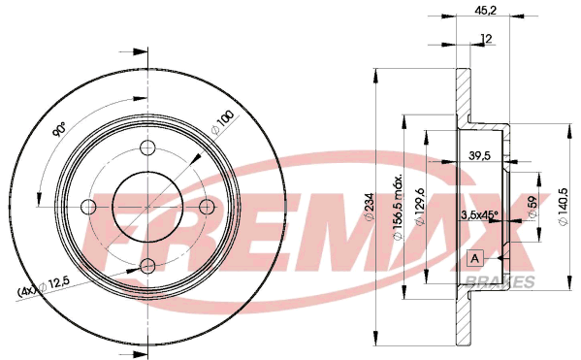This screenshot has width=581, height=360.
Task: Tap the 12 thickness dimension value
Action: click(x=486, y=38)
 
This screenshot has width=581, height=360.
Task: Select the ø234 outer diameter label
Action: click(x=370, y=207)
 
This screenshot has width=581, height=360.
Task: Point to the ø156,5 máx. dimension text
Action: click(x=398, y=207)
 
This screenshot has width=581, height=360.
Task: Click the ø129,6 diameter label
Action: click(x=419, y=207)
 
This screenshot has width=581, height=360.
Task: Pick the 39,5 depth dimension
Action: click(x=479, y=155)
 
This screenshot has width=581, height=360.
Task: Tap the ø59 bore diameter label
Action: click(x=533, y=207)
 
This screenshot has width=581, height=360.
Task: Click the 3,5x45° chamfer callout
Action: click(x=479, y=214)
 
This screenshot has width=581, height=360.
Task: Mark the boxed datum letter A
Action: click(x=474, y=258)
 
